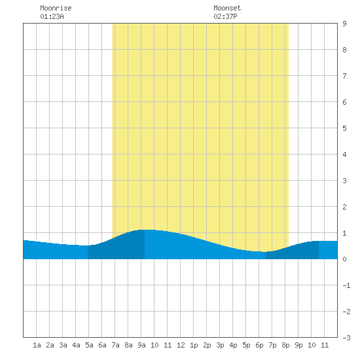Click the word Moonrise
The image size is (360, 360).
tap(56, 8)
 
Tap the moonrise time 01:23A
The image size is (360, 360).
tap(52, 16)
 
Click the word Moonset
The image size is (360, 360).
tap(227, 8)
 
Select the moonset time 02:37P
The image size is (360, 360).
tap(225, 16)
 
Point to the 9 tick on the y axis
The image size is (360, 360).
tap(344, 24)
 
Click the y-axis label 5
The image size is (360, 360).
tap(344, 128)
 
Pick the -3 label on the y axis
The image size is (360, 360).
tap(346, 338)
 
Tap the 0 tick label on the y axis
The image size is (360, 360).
tap(344, 259)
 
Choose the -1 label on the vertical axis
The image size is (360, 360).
tap(346, 285)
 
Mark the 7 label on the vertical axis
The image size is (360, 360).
tap(344, 76)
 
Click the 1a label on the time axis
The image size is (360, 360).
tap(37, 345)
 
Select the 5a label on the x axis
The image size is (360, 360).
tap(89, 345)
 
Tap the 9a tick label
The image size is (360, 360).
tap(141, 345)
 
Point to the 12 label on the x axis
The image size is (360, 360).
tap(181, 345)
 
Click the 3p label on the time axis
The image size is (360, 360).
tap(220, 345)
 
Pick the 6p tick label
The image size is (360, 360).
tap(259, 345)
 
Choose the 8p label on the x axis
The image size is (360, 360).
tap(285, 345)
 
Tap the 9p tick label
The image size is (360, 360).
tap(298, 345)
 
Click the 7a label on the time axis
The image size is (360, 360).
tap(115, 345)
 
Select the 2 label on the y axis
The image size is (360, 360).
tap(344, 207)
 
